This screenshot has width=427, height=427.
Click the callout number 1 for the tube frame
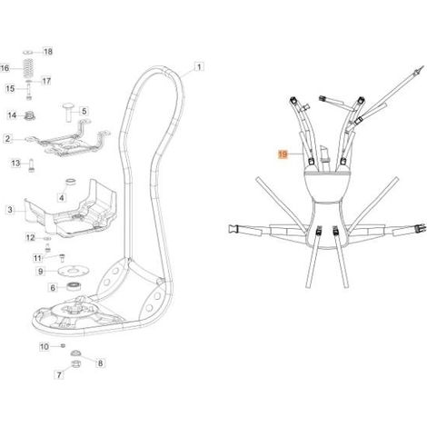tap(199, 66)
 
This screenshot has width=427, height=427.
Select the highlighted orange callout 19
tap(283, 154)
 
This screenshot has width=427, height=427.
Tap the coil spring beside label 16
tap(28, 68)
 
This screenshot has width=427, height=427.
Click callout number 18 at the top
tap(48, 52)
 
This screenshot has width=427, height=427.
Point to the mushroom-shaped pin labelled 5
tap(68, 112)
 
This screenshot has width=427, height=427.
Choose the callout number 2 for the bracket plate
tap(7, 139)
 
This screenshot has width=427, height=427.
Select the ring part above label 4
tap(71, 182)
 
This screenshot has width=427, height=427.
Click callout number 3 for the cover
tap(10, 209)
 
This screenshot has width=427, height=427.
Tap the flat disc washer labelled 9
tap(74, 271)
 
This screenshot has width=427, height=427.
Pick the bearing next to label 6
tap(73, 286)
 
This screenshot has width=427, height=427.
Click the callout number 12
tap(30, 237)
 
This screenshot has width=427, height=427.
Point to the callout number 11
tap(37, 258)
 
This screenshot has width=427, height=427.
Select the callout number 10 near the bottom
tap(45, 346)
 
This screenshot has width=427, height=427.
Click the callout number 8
tap(100, 362)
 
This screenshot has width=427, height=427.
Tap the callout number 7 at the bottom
tap(59, 374)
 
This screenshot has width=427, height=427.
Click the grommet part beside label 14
tap(30, 115)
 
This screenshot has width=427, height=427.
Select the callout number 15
tap(10, 88)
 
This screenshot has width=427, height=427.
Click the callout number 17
tap(46, 81)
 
